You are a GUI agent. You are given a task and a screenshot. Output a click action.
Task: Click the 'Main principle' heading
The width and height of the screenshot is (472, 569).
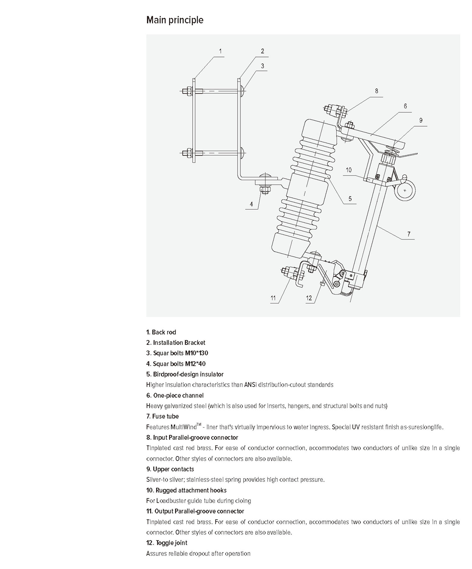pos(175,20)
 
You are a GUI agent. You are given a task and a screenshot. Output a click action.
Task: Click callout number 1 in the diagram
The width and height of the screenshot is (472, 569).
pos(220,51)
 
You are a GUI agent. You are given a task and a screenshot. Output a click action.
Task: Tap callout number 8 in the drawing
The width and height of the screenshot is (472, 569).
pos(377,91)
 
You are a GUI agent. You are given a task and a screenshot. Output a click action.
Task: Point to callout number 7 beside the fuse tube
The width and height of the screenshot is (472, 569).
pos(409,234)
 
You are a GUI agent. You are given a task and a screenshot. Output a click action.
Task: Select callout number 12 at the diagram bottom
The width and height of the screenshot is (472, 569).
pos(309,298)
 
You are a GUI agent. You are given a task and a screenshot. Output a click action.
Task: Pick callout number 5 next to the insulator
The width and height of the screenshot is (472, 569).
pos(350,199)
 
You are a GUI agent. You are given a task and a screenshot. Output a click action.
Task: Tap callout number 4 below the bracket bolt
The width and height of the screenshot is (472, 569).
pos(251,204)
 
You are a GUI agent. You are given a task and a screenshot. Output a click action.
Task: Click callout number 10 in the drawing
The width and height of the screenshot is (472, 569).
pos(349,170)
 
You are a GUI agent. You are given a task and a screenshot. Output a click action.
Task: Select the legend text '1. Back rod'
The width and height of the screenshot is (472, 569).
pos(161,332)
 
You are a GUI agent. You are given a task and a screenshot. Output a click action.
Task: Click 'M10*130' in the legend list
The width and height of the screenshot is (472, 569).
pos(196,353)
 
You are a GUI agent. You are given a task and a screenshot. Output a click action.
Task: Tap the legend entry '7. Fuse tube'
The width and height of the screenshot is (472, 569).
pos(162,416)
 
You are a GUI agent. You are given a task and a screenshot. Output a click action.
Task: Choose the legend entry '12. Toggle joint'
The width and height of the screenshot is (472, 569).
pos(167,543)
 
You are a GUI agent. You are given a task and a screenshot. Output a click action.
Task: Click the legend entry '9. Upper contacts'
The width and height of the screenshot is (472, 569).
pos(170,469)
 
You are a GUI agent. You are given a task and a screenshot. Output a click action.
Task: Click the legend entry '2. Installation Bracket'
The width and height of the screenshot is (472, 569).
pos(176,343)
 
